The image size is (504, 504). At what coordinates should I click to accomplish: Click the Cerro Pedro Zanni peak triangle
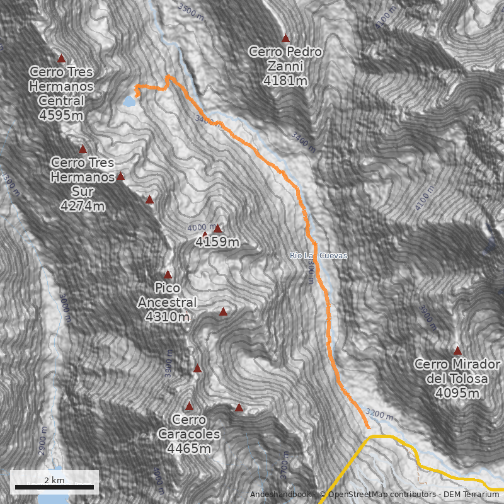point(285,38)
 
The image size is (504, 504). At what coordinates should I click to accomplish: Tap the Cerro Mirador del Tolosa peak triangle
point(457,351)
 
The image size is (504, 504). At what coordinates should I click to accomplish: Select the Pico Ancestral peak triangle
point(168,275)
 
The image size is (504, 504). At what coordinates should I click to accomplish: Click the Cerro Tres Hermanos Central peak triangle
point(62,59)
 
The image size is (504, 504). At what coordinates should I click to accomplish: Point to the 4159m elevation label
point(217,242)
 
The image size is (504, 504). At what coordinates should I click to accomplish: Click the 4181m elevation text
point(285,81)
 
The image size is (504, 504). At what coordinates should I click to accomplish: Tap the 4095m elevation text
point(457,393)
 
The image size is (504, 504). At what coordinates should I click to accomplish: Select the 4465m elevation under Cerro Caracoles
point(189,449)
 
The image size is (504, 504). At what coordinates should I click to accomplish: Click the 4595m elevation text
point(61,115)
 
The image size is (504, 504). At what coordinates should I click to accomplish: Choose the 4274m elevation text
point(83,206)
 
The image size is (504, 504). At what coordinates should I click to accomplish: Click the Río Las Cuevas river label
point(318,256)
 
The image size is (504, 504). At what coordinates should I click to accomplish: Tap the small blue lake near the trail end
point(129,101)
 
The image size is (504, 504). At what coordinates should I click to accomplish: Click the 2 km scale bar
point(54,487)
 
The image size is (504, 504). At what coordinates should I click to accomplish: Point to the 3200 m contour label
point(380,415)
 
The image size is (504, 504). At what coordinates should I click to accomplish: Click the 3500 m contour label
point(193,9)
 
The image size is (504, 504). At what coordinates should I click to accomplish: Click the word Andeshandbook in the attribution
point(280,495)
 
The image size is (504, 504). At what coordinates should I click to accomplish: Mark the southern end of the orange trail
point(369,427)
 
